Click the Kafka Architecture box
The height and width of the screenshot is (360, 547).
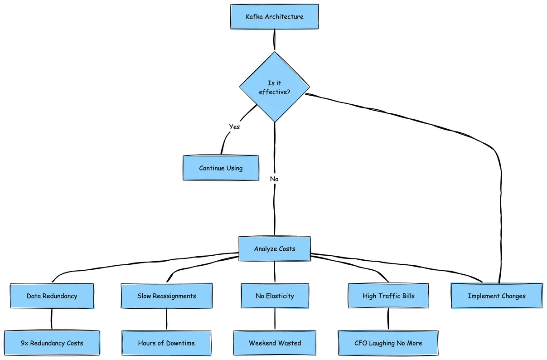tap(274, 17)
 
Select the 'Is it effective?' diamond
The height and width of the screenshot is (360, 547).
tap(274, 87)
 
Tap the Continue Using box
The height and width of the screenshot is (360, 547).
tap(221, 168)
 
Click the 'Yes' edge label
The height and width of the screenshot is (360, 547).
tap(234, 127)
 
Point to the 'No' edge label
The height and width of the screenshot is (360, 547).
tap(274, 179)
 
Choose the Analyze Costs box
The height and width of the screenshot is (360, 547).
tap(274, 249)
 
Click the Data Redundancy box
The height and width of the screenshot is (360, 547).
tap(52, 296)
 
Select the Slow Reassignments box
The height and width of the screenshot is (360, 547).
tap(166, 296)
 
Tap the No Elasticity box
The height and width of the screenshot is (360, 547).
tap(275, 296)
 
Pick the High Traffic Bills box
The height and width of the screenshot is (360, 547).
tap(388, 296)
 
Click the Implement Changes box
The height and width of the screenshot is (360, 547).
tap(497, 296)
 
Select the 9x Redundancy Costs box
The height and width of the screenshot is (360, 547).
tap(52, 343)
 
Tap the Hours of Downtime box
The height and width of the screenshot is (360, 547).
tap(166, 343)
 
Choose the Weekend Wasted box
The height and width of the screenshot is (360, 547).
tap(275, 343)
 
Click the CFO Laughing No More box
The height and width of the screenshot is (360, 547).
tap(388, 343)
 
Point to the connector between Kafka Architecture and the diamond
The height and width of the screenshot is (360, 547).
tap(274, 40)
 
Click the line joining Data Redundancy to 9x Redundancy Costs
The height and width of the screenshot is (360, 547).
tap(52, 319)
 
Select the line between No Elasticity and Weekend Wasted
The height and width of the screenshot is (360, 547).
tap(275, 319)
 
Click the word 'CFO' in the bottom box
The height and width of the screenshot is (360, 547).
tap(361, 343)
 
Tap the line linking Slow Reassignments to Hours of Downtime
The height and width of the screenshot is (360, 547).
tap(166, 319)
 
